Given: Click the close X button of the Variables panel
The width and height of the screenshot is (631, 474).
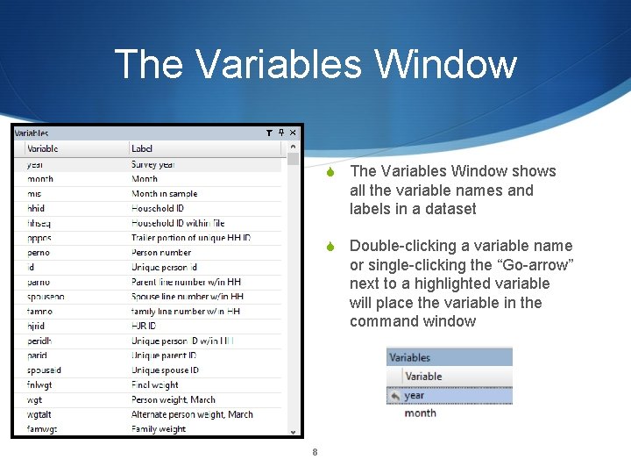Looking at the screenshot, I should click(x=294, y=133).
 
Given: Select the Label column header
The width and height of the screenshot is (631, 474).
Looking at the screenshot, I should click(x=142, y=148).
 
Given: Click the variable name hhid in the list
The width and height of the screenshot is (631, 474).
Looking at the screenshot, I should click(x=36, y=208).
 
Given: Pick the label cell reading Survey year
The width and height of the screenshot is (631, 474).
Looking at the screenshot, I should click(x=153, y=164).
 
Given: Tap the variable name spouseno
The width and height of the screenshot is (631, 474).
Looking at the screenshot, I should click(x=46, y=297).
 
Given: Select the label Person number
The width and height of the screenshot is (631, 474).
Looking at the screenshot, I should click(x=161, y=252).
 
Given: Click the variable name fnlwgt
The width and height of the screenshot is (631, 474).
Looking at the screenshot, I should click(x=40, y=384).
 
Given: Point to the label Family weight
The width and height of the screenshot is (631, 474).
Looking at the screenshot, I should click(x=159, y=429).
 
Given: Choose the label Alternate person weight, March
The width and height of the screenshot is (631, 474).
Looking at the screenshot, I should click(x=192, y=414).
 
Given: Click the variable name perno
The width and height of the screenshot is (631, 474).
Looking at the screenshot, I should click(x=39, y=252).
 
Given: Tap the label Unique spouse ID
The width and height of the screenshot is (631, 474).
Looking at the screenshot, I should click(x=165, y=370).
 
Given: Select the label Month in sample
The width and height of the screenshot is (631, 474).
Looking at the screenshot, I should click(x=164, y=193).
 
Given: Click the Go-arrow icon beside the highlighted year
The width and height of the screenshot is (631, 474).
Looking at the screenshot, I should click(x=395, y=395).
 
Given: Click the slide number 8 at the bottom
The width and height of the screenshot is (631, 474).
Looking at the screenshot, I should click(x=315, y=453).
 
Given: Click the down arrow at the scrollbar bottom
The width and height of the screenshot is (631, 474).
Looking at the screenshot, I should click(x=294, y=431).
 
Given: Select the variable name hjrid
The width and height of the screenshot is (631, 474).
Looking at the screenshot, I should click(x=36, y=326).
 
